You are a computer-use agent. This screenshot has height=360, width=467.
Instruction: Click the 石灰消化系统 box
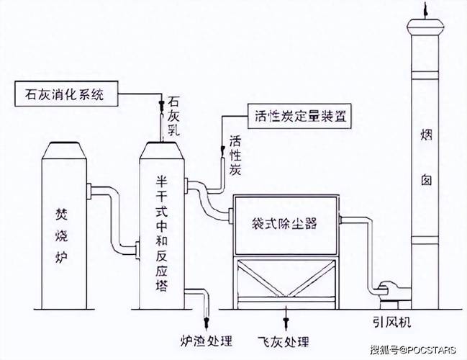point(65,94)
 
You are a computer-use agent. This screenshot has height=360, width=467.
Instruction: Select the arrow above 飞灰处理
point(287,318)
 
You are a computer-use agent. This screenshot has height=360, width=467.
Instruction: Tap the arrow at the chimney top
point(425,8)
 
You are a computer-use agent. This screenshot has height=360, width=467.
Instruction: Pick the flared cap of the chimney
point(425,27)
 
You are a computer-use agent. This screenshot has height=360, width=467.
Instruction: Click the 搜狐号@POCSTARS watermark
point(413,351)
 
